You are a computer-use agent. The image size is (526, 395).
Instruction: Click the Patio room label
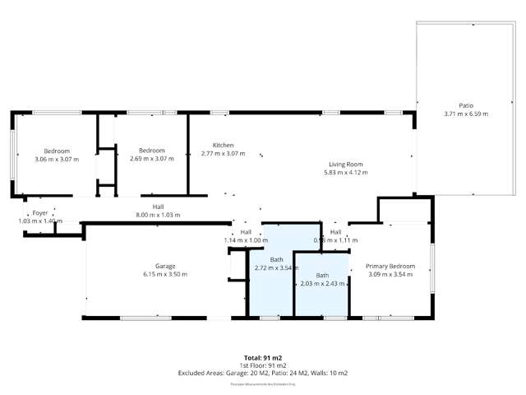[x=466, y=105]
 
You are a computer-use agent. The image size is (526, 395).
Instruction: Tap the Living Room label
[x=344, y=165]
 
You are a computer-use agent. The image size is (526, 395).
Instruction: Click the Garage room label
[x=155, y=267]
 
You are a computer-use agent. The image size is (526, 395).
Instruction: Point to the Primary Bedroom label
[x=390, y=266]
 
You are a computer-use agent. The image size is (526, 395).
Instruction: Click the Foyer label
[x=40, y=213]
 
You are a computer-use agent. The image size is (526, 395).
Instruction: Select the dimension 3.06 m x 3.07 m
[x=57, y=159]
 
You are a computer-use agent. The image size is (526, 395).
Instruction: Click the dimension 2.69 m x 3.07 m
[x=152, y=159]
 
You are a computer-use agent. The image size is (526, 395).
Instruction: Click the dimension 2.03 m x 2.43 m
[x=322, y=284]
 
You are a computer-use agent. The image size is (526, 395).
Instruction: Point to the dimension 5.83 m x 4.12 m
[x=344, y=173]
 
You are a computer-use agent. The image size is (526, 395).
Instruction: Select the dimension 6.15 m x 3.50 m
[x=155, y=275]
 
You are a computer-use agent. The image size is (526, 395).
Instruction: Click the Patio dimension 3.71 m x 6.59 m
[x=466, y=114]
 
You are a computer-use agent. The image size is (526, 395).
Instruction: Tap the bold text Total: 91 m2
[x=262, y=358]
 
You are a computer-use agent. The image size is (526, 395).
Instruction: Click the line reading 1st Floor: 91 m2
[x=262, y=365]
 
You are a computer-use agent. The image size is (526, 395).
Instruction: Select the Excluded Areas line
[x=262, y=373]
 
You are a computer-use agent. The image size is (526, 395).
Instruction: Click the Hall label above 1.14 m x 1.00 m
[x=246, y=232]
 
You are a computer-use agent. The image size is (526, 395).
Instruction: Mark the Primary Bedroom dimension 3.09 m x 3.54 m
[x=390, y=274]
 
